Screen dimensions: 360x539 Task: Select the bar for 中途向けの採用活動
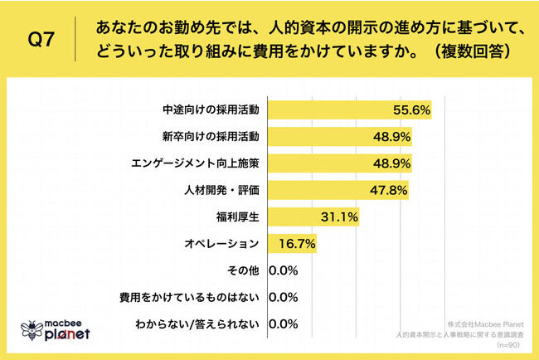coord(348,110)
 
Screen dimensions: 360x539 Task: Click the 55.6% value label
coord(411,110)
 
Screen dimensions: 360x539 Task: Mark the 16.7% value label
coord(294,244)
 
